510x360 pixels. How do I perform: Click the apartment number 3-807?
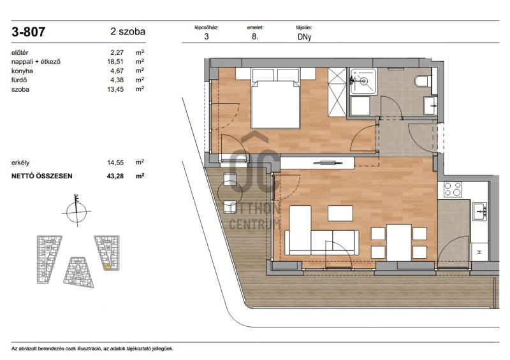pos(28,32)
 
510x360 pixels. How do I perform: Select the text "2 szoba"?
pos(128,32)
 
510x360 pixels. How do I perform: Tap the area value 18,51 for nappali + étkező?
pos(115,61)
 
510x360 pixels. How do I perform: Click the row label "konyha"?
pos(22,71)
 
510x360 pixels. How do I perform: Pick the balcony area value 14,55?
pos(115,162)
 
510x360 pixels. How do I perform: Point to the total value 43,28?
pos(115,176)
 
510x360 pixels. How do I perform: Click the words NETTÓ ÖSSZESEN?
pos(42,176)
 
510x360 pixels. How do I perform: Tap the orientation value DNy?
pos(305,37)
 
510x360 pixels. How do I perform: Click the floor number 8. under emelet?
pos(255,37)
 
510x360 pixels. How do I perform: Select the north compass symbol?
pos(76,211)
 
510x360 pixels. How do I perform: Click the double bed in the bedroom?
pos(275,98)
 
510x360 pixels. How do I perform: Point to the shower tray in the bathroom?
pos(363,82)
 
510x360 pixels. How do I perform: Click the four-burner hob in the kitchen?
pos(453,190)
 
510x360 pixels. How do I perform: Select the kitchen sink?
pos(479,212)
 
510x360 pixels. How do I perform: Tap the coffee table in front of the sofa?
pos(340,213)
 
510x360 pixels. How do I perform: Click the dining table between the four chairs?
pos(399,242)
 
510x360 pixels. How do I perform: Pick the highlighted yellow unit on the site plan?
pos(107,268)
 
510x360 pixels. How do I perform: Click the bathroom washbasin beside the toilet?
pos(431,106)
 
